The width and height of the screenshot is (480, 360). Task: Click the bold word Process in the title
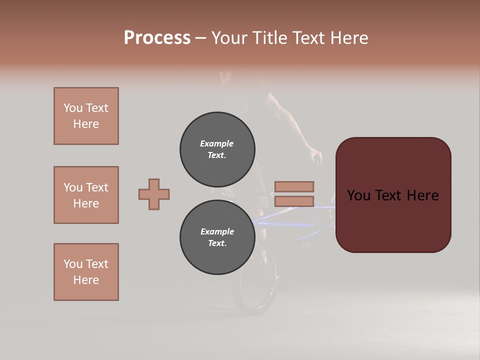click(x=157, y=38)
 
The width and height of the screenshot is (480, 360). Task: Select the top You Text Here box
click(x=86, y=116)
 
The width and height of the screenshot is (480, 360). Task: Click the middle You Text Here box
click(x=86, y=195)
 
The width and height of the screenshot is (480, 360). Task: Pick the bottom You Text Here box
click(x=86, y=272)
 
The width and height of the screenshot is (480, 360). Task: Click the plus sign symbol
click(x=154, y=194)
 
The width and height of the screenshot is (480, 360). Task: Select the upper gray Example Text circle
click(x=217, y=149)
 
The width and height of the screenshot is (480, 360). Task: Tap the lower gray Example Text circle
click(x=217, y=237)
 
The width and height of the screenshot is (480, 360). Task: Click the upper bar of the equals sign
click(x=294, y=186)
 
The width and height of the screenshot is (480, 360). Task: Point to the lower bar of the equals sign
click(x=294, y=201)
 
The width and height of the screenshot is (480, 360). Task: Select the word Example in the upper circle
click(x=217, y=143)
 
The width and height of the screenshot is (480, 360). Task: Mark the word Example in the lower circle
click(x=217, y=231)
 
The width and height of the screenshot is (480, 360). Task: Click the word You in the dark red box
click(x=358, y=195)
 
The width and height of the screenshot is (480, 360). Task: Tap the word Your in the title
click(x=230, y=38)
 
